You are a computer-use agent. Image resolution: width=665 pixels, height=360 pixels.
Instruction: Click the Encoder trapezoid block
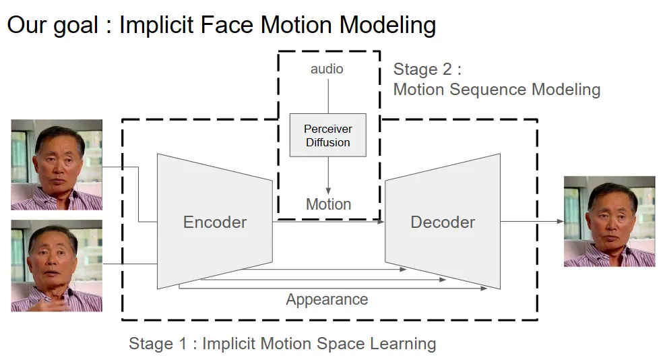coord(215,222)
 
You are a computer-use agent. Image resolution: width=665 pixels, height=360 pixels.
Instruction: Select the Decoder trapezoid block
coord(443,222)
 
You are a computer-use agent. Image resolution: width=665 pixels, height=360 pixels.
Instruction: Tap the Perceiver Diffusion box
coord(328,136)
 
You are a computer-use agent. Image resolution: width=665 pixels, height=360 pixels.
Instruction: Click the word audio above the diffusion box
coord(327,69)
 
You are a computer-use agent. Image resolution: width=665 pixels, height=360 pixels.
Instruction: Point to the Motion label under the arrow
coord(328,204)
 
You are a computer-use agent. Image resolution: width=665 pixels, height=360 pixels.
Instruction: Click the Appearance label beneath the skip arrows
coord(327,300)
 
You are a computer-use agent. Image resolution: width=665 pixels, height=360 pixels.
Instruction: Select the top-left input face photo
coord(57,164)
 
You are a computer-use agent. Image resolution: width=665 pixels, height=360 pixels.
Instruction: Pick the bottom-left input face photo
coord(57,266)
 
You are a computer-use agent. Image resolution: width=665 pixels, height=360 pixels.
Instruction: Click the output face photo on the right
coord(609,221)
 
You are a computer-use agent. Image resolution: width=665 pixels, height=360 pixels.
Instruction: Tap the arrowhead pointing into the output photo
coord(559,221)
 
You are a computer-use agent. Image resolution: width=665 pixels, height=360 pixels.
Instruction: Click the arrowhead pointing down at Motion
coord(328,191)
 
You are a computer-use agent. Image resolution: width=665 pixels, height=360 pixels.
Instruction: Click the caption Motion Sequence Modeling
coord(497,90)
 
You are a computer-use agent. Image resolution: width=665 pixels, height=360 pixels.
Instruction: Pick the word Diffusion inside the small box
coord(328,143)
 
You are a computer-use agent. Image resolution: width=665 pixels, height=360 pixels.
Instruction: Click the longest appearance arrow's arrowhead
coord(484,288)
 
